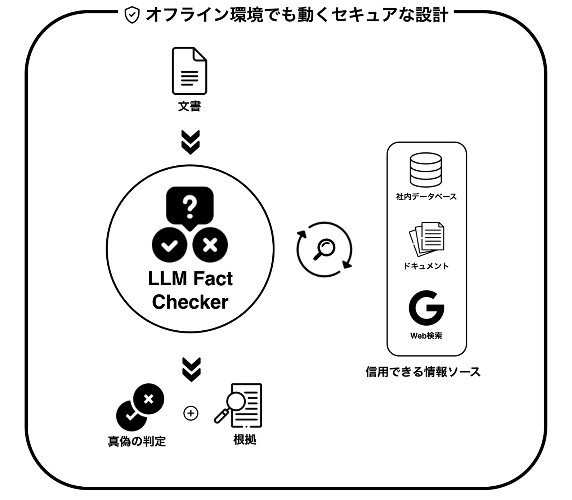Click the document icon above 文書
189,71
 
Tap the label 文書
189,106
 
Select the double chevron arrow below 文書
191,142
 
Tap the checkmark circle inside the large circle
169,245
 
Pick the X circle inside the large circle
210,245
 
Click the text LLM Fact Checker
190,290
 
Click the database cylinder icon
426,170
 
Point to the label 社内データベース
426,197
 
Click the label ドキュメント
426,266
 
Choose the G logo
426,308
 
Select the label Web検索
426,336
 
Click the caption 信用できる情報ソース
423,372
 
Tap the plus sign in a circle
191,413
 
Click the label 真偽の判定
137,441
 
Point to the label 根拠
245,439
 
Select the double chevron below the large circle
191,370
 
